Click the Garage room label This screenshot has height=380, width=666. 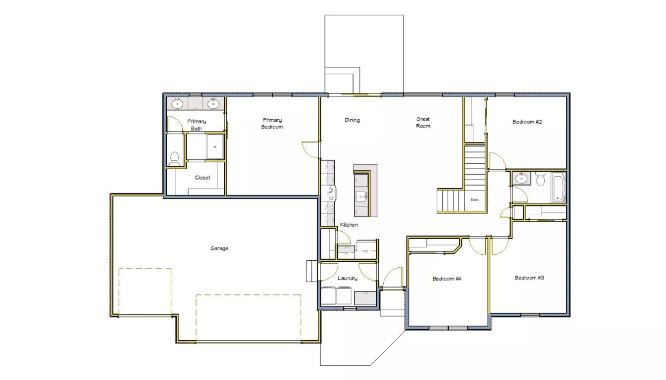[x=219, y=248]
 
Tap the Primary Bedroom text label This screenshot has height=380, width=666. [x=272, y=123]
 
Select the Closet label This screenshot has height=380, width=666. [x=202, y=178]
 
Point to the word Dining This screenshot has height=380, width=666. [x=352, y=120]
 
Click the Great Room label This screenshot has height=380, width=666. [x=423, y=122]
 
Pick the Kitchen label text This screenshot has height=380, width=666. [x=349, y=225]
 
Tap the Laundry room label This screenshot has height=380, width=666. [x=348, y=279]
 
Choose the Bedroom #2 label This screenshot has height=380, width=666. [x=527, y=122]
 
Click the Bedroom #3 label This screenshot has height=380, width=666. [x=529, y=278]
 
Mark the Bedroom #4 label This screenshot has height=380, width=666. [x=447, y=279]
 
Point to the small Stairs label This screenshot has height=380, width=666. [x=474, y=200]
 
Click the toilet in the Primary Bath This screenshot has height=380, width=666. [x=174, y=158]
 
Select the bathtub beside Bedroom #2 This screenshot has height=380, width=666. [x=559, y=187]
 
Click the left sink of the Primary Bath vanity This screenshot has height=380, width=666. [x=178, y=104]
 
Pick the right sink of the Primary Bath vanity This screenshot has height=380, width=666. [x=213, y=104]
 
